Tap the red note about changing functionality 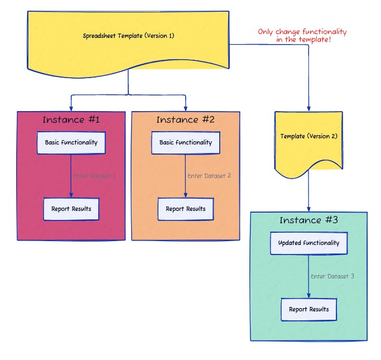coord(302,36)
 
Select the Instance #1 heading coord(71,119)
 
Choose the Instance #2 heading coord(185,119)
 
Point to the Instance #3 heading coord(308,220)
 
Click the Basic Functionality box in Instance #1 coord(71,143)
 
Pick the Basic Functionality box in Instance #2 coord(185,143)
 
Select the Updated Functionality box coord(308,243)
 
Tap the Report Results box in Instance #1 coord(71,209)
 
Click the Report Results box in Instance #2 coord(185,209)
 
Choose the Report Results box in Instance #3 coord(308,309)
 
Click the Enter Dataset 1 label coord(95,176)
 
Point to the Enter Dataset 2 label coord(209,176)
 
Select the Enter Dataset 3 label coord(332,276)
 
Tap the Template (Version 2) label coord(308,136)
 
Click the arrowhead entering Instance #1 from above coord(71,108)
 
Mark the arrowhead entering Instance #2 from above coord(185,108)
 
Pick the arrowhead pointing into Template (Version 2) coord(308,108)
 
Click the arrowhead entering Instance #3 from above coord(308,208)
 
